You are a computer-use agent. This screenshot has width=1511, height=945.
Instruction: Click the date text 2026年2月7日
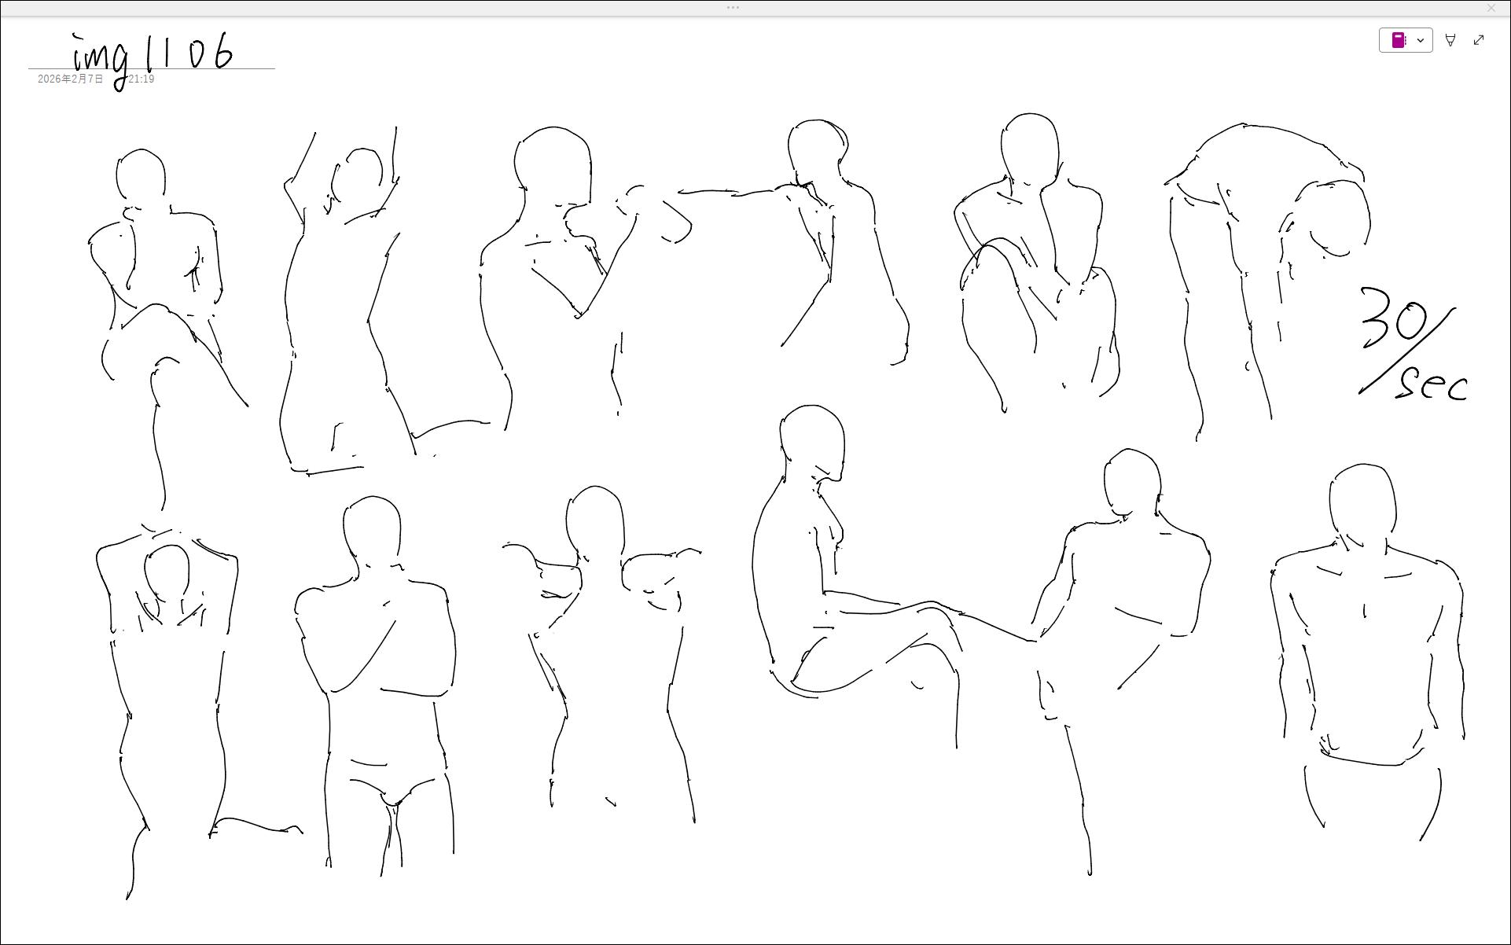(70, 79)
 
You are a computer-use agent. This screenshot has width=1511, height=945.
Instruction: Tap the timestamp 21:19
(142, 79)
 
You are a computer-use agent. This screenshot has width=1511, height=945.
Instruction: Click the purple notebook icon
(1399, 40)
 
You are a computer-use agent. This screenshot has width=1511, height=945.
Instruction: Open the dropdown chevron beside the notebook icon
(1421, 40)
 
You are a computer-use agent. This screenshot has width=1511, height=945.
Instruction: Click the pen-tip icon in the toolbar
(1450, 40)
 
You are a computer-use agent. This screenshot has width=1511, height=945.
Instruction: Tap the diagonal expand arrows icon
(1479, 40)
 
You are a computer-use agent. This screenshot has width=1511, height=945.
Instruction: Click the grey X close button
(1491, 8)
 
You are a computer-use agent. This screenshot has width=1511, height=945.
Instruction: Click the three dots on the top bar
(733, 8)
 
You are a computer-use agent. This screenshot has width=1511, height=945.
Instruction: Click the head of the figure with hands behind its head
(167, 572)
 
